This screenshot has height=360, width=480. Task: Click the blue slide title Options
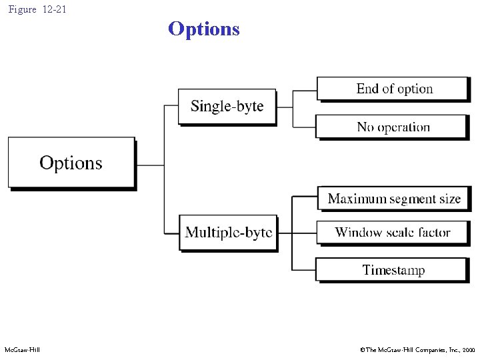click(203, 29)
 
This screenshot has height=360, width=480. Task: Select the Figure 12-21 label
click(37, 9)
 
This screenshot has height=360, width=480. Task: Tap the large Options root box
click(71, 163)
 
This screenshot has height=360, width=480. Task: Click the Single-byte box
click(227, 106)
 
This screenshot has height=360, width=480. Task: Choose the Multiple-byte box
click(228, 232)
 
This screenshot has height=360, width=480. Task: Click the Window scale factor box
click(392, 233)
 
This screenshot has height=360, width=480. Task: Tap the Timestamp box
click(392, 270)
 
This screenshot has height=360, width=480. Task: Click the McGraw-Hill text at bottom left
click(22, 350)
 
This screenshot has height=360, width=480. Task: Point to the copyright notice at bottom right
click(417, 350)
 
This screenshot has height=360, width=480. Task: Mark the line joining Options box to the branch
click(150, 165)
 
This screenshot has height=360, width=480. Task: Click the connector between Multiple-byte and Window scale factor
click(297, 233)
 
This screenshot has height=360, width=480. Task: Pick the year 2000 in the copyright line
click(468, 350)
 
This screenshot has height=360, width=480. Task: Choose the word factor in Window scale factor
click(433, 233)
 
